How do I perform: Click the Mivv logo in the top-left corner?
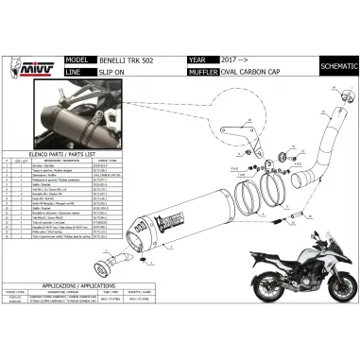pyautogui.click(x=20, y=44)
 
